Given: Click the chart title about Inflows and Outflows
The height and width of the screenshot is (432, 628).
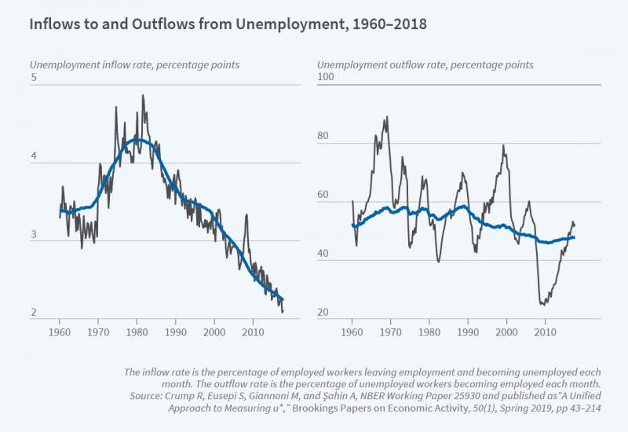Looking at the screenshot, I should (228, 24).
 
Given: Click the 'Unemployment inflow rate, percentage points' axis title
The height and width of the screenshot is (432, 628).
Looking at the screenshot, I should (134, 64).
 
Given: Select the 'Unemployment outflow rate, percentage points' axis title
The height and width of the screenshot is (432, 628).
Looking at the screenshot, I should (425, 64).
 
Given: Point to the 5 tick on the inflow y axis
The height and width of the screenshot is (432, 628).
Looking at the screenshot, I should (34, 78).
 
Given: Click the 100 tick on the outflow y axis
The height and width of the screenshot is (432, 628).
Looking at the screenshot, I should (326, 78).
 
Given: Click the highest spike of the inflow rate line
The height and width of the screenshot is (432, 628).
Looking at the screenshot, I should (143, 96).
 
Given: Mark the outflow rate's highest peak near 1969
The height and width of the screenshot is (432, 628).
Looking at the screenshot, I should (386, 118).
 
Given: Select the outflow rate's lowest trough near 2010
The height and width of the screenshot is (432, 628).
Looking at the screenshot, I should (542, 304).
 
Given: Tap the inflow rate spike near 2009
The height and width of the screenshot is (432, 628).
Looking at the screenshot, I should (246, 214).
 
